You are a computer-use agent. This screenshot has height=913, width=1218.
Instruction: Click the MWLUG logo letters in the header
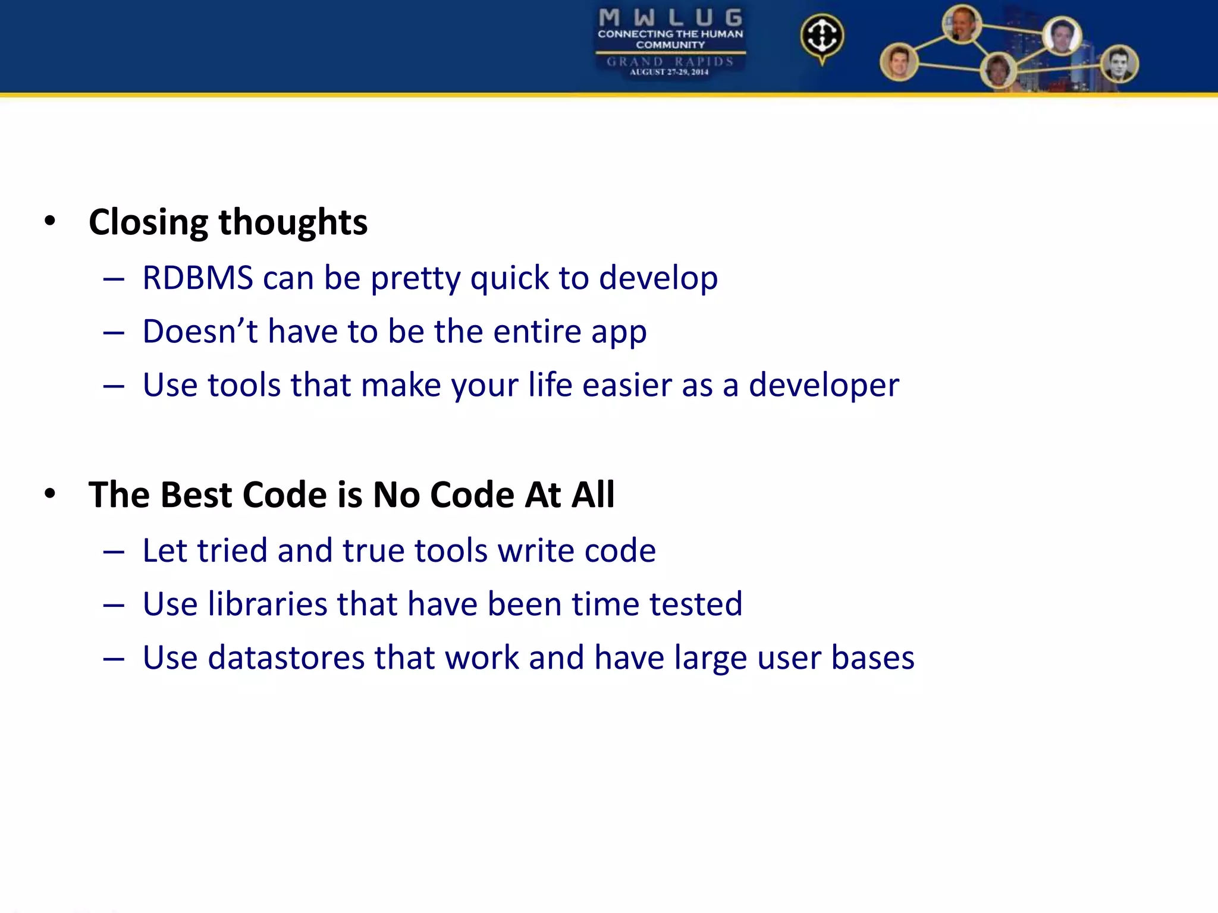pyautogui.click(x=670, y=18)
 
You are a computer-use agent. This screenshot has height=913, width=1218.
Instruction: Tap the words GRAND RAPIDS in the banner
pyautogui.click(x=670, y=61)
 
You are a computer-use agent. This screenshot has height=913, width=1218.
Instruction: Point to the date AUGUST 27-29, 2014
pyautogui.click(x=669, y=72)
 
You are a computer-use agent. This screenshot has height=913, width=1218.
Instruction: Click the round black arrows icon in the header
pyautogui.click(x=822, y=36)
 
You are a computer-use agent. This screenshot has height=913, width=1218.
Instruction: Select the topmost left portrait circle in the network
pyautogui.click(x=962, y=24)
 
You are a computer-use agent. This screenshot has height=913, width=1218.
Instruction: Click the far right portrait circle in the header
pyautogui.click(x=1119, y=64)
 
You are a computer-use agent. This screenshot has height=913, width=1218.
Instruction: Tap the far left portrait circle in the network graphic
pyautogui.click(x=899, y=62)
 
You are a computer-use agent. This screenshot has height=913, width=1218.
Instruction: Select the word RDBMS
pyautogui.click(x=197, y=278)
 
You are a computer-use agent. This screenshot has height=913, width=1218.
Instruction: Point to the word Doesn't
pyautogui.click(x=200, y=331)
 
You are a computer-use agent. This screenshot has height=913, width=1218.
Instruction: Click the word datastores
pyautogui.click(x=286, y=657)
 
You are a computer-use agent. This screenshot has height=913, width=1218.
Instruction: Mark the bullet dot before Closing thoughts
pyautogui.click(x=50, y=221)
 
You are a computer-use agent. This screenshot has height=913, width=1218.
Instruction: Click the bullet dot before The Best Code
pyautogui.click(x=50, y=493)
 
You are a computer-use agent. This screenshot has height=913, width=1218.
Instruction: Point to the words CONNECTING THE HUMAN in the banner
pyautogui.click(x=670, y=34)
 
